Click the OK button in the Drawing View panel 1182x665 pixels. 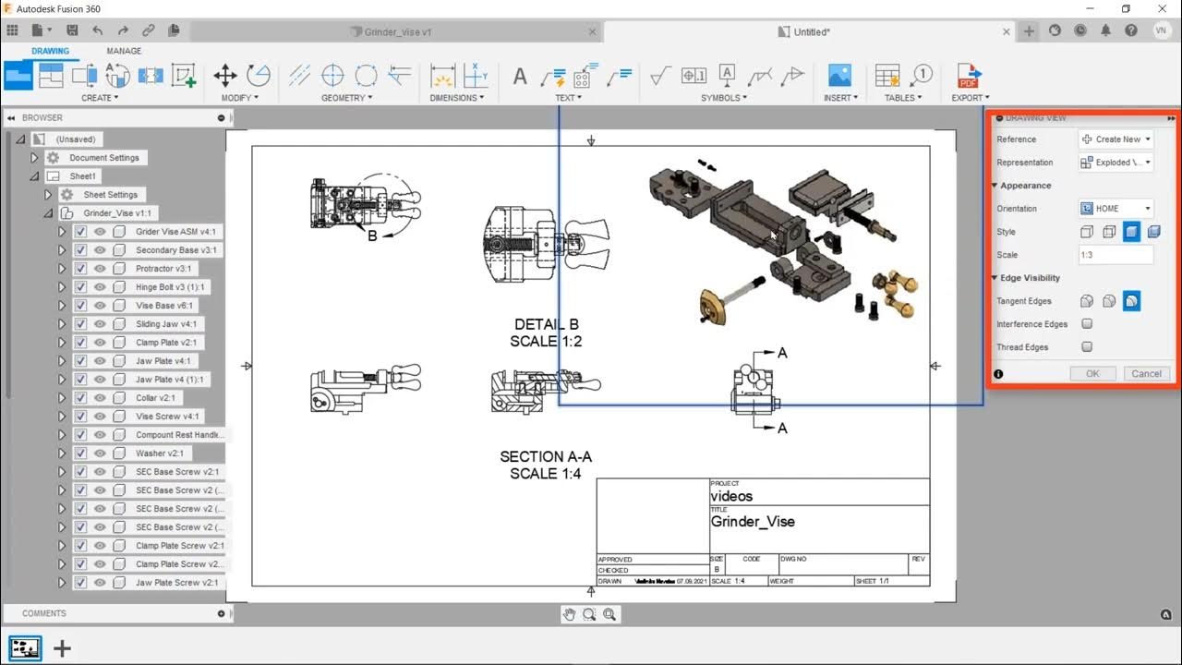coord(1092,373)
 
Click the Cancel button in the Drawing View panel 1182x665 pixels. coord(1146,373)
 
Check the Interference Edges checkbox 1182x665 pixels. coord(1087,324)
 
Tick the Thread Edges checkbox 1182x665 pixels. coord(1087,347)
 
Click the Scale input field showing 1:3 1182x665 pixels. coord(1116,255)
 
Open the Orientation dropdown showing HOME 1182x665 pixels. coord(1116,209)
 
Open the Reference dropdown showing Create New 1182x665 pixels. coord(1116,139)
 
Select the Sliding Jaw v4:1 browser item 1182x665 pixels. coord(166,324)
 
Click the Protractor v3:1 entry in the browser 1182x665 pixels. coord(163,269)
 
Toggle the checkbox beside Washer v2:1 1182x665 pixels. coord(81,453)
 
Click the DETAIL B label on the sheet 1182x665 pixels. coord(546,324)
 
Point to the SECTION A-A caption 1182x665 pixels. coord(546,456)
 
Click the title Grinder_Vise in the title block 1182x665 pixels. coord(752,522)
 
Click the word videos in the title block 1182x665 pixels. coord(731,496)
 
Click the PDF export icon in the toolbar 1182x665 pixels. coord(968,76)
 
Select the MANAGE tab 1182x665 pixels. coord(124,51)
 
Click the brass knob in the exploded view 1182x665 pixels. coord(712,307)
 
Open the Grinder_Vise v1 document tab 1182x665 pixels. coord(397,31)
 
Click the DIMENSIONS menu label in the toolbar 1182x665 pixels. coord(454,98)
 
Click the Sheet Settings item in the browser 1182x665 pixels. coord(110,195)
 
